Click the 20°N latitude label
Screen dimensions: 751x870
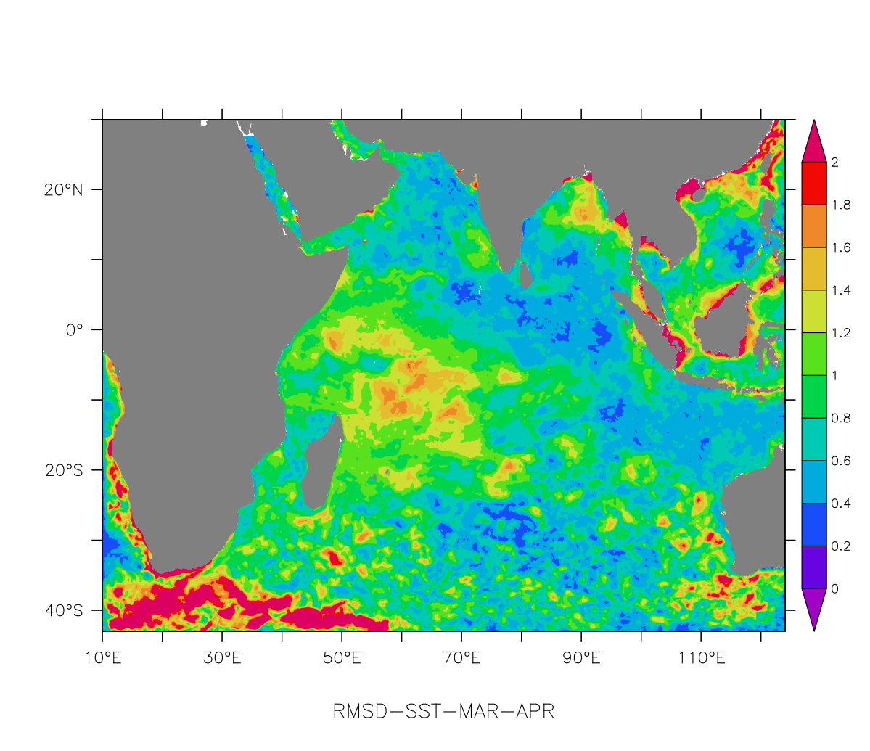coord(63,190)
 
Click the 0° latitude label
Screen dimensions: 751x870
coord(74,330)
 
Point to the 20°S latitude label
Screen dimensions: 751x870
coord(64,470)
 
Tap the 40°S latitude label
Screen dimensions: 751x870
coord(64,610)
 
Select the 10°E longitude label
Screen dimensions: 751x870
coord(102,659)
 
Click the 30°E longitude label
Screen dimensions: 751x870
coord(222,659)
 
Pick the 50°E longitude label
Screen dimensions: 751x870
coord(342,659)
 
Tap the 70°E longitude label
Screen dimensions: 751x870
coord(461,659)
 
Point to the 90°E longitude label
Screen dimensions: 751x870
coord(581,659)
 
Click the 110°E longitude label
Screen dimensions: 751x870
coord(701,659)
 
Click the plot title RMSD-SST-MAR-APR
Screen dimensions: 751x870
coord(443,711)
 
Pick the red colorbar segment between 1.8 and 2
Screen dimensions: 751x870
coord(813,184)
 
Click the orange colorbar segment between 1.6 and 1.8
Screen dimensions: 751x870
coord(813,226)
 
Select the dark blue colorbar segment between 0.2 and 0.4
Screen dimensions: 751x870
coord(813,525)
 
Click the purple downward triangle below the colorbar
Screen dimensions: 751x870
coord(813,606)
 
